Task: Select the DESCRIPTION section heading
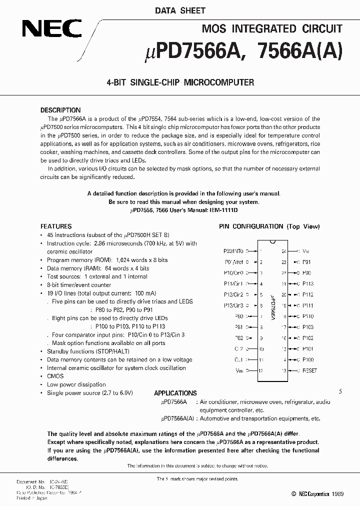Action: [60, 110]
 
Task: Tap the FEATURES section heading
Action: [56, 226]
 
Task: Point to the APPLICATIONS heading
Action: [175, 393]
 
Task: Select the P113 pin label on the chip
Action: [308, 283]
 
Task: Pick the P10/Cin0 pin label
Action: [233, 273]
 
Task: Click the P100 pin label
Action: [308, 360]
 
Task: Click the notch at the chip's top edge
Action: [271, 243]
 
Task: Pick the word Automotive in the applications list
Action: [214, 418]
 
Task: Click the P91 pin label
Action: [306, 262]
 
